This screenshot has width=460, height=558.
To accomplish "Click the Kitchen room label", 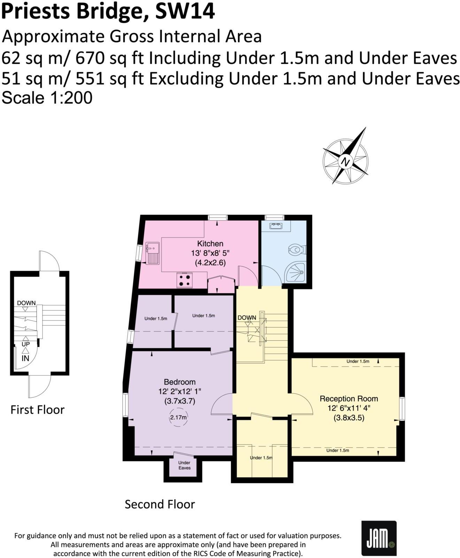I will click(x=210, y=243).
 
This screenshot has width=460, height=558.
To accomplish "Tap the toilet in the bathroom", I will click(x=297, y=250).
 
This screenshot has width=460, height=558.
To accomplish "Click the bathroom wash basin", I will click(x=275, y=226).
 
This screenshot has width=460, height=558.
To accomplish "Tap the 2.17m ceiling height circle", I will click(x=178, y=417).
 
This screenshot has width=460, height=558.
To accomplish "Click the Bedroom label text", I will click(x=179, y=382).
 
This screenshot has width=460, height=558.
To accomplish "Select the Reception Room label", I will click(x=348, y=399).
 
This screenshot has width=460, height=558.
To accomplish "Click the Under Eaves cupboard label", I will click(x=184, y=465).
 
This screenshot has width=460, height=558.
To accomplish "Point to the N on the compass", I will click(x=345, y=162).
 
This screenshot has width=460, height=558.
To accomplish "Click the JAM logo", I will click(x=379, y=538).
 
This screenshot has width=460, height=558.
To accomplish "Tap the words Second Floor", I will click(x=160, y=504).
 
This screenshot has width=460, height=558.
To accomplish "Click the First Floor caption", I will click(x=37, y=409).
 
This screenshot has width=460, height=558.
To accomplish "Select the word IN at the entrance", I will click(x=25, y=358).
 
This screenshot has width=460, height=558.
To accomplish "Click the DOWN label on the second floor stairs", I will click(x=247, y=318).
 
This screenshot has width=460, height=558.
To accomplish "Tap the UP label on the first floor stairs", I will click(x=26, y=344).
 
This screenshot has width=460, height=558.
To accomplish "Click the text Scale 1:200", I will click(x=47, y=98).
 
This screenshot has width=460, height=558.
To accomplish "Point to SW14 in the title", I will click(x=185, y=11).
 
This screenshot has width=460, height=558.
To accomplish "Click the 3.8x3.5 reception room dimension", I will click(x=348, y=417).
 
